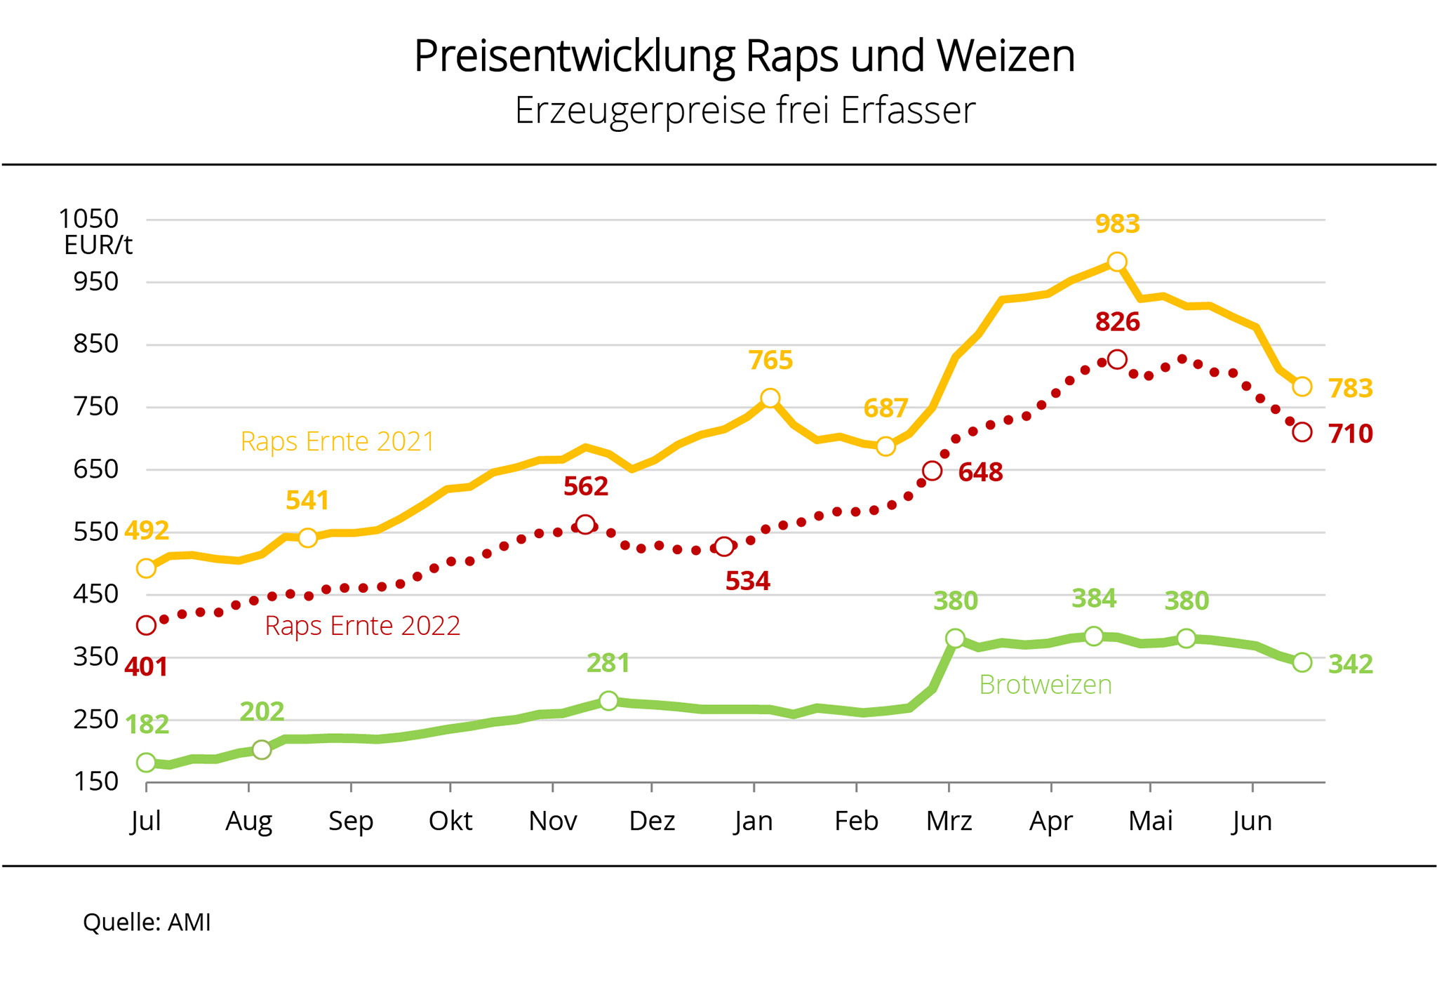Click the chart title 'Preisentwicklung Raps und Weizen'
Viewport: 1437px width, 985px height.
(x=744, y=56)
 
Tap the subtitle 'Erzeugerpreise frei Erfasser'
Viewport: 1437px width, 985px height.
(x=744, y=110)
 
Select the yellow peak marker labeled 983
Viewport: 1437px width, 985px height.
(x=1117, y=262)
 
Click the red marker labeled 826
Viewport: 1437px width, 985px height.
(x=1117, y=360)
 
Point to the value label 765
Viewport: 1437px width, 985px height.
(x=770, y=361)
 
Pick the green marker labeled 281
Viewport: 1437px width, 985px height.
(x=608, y=700)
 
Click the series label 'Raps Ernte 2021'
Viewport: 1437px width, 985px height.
(x=337, y=442)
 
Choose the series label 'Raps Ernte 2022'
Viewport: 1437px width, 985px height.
(x=362, y=626)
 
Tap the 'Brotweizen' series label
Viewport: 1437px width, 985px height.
(x=1045, y=685)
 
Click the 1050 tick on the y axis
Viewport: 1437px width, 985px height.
(x=88, y=219)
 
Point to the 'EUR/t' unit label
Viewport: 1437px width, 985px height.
(x=98, y=246)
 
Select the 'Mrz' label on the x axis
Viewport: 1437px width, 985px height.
(x=949, y=821)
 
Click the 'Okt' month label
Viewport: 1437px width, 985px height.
(x=450, y=821)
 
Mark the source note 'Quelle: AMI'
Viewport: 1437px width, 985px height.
(x=147, y=922)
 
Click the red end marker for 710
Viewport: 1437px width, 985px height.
(x=1302, y=432)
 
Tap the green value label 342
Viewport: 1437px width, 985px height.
(x=1351, y=664)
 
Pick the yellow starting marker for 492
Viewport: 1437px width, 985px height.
(x=146, y=568)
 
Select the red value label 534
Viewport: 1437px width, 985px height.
(x=747, y=582)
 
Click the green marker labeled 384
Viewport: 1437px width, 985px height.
(x=1094, y=636)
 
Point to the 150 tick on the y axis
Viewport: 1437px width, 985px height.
(x=96, y=782)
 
